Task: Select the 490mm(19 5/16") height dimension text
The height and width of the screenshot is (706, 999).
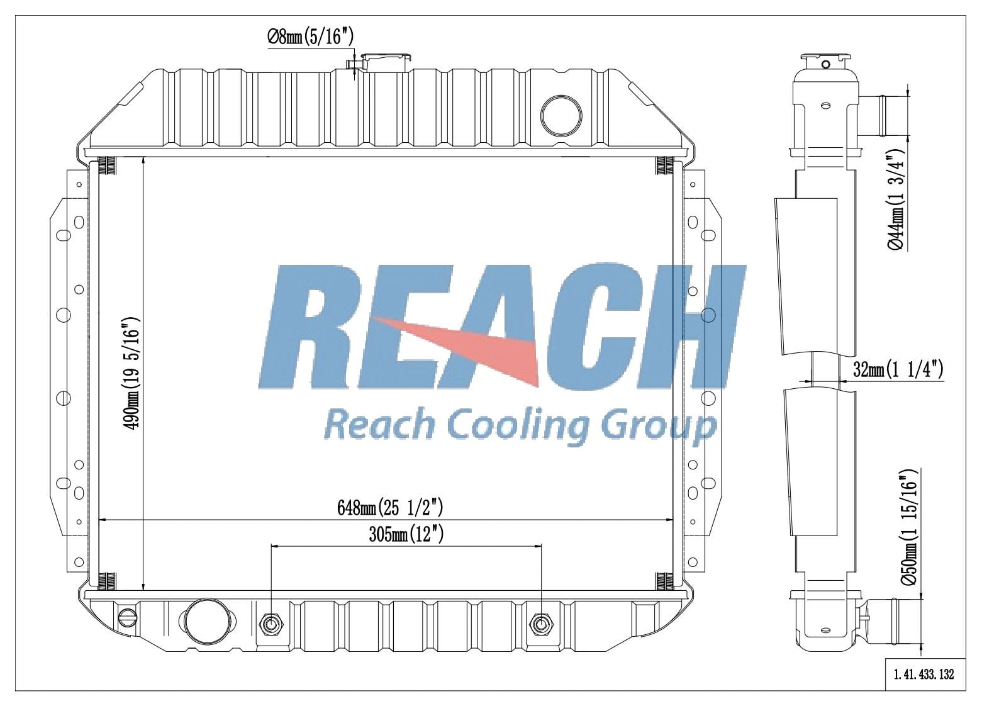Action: (133, 374)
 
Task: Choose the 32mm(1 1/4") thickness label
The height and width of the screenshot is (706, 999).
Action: (898, 370)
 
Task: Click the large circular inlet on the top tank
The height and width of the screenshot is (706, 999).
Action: (561, 114)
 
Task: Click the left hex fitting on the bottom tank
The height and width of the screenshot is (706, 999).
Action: (271, 624)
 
